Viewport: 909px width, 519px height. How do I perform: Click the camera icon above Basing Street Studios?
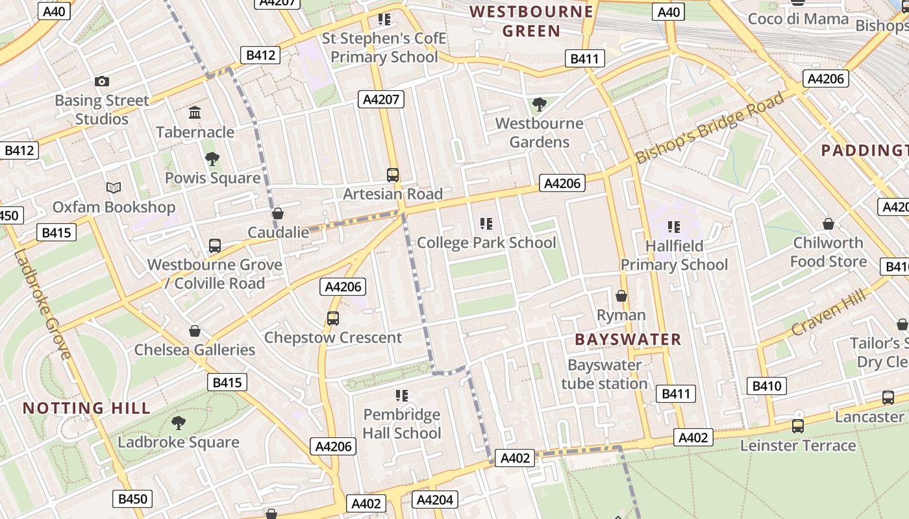pos(102,81)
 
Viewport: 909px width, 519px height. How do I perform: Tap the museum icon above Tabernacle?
pos(195,113)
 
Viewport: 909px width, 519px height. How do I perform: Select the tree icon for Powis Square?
pos(212,159)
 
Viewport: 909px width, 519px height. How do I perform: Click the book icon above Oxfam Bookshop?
pos(114,188)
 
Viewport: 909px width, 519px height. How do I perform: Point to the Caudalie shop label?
pos(279,232)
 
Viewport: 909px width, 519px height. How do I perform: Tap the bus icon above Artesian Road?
pos(393,175)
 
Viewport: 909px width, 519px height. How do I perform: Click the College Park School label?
pos(486,243)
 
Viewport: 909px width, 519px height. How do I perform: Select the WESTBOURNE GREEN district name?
pos(532,21)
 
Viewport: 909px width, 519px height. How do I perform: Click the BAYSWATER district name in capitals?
pos(628,339)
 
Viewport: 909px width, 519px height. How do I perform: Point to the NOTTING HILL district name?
pos(86,408)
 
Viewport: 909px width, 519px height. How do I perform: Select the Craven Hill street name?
pos(829,313)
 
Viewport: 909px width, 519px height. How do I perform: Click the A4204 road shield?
pos(434,500)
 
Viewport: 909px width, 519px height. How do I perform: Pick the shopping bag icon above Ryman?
pos(621,296)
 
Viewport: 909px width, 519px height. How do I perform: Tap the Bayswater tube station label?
pos(604,374)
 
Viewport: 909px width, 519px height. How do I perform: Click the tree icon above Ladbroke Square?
pos(179,423)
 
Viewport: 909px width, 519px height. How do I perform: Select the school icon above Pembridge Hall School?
pos(401,395)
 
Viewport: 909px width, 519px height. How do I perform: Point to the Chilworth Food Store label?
pos(828,252)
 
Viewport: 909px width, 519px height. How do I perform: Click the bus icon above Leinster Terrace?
pos(798,426)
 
